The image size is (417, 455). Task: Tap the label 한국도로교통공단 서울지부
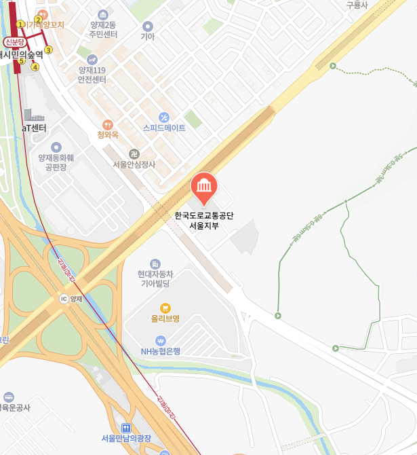(x=203, y=221)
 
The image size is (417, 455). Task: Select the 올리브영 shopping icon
(x=165, y=308)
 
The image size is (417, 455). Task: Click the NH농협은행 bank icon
(x=161, y=340)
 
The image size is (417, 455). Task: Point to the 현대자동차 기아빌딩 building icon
(x=155, y=263)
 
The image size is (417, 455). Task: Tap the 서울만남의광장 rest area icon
(x=126, y=427)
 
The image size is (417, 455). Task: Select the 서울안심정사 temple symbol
(x=134, y=153)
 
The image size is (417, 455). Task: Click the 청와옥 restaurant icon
(x=107, y=124)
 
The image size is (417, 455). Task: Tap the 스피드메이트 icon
(x=163, y=117)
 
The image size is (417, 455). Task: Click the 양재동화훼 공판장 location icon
(x=56, y=147)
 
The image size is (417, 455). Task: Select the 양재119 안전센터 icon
(x=92, y=59)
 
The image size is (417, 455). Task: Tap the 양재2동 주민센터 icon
(x=102, y=14)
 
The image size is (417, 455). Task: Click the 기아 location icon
(x=147, y=26)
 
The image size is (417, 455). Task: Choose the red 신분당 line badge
(x=14, y=42)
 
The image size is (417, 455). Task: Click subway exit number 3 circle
(x=49, y=50)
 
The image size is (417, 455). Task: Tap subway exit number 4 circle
(x=35, y=67)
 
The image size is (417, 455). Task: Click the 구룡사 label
(x=357, y=5)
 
